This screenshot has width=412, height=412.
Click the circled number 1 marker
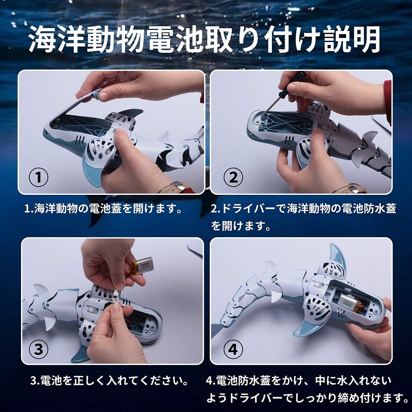pyautogui.click(x=38, y=177)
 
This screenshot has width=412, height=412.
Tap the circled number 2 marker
pyautogui.click(x=233, y=177)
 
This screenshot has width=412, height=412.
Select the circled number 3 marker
pyautogui.click(x=38, y=349)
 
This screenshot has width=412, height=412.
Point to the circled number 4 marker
pyautogui.click(x=233, y=349)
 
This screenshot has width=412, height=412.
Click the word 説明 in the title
pyautogui.click(x=352, y=40)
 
